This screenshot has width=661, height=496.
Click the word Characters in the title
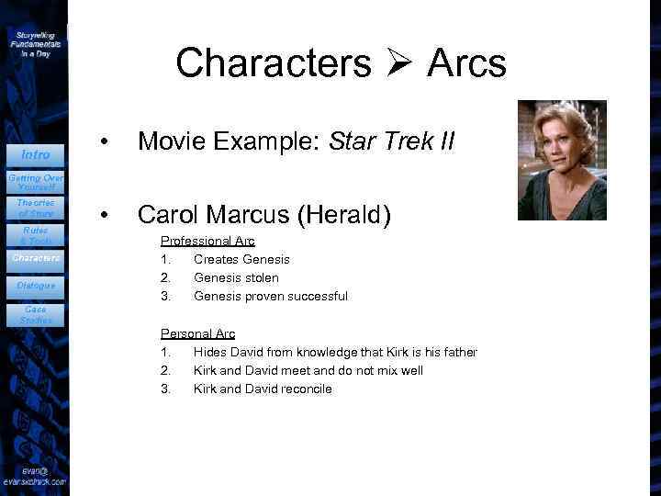273,63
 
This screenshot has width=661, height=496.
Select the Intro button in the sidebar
36,154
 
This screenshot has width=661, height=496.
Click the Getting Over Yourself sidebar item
36,181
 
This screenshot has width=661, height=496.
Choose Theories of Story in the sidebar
36,208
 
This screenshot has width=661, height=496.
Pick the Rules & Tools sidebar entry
36,235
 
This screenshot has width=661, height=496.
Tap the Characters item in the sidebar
36,258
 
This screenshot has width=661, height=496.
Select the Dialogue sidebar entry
36,286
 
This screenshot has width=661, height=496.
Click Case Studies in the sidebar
36,315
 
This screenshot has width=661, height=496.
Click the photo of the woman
562,160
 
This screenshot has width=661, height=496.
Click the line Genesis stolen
236,277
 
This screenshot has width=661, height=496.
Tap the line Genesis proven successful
270,296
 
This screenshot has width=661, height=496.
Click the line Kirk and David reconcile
263,389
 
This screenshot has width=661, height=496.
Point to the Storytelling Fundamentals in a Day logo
36,43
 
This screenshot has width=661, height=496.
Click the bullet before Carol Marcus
107,216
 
